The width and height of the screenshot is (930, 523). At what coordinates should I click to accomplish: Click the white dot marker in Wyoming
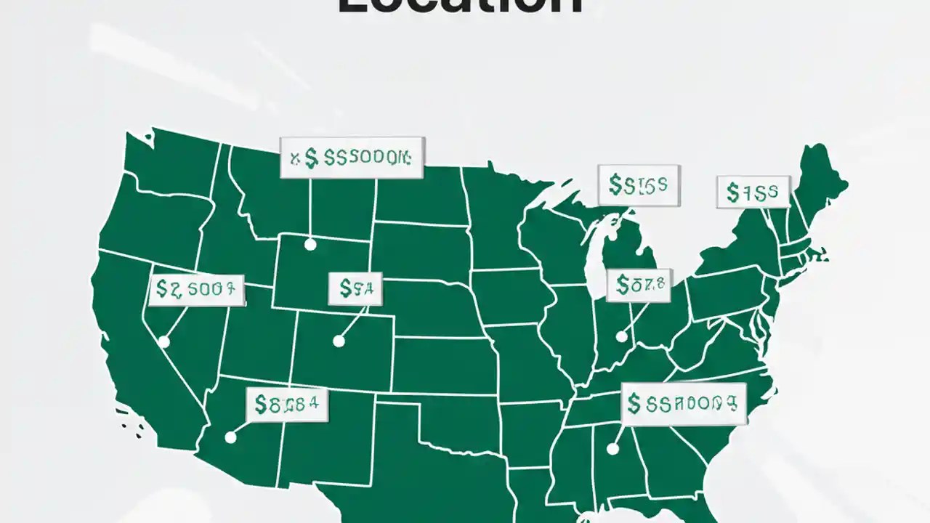(x=310, y=245)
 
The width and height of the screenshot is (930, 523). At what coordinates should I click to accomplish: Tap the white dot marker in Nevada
(x=164, y=341)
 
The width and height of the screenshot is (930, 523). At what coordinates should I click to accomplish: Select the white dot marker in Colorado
(x=339, y=341)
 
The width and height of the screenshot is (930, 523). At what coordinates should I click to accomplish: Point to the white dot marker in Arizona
(x=230, y=437)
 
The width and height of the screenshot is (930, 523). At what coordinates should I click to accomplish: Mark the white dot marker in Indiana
(x=621, y=336)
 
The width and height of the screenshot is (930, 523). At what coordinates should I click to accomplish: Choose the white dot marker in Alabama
(x=612, y=450)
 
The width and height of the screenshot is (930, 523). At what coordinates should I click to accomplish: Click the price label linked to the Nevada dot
(x=196, y=290)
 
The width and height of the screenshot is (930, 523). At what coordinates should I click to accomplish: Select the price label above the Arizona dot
(x=287, y=405)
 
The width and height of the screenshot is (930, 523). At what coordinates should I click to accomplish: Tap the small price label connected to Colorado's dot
(x=355, y=288)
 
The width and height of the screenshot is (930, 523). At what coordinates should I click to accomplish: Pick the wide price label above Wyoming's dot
(x=352, y=158)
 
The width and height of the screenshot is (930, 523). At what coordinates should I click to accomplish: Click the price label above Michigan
(x=639, y=185)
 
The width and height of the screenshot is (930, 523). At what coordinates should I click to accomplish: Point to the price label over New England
(x=753, y=192)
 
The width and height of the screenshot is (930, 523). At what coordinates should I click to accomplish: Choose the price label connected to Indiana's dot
(x=639, y=285)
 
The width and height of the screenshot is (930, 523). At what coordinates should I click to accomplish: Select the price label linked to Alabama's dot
(x=684, y=404)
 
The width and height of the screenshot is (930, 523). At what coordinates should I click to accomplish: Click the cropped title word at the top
(x=460, y=7)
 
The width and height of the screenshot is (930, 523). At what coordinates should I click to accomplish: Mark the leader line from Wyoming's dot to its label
(x=310, y=211)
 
